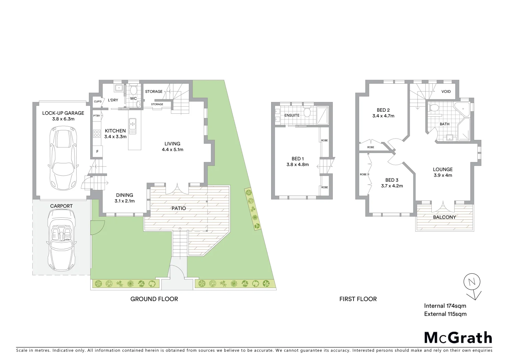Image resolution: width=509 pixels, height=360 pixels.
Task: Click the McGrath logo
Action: coord(458,338)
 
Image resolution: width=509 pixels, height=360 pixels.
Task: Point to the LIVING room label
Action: coord(172,144)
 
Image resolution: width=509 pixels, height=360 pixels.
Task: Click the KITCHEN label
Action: coord(115,131)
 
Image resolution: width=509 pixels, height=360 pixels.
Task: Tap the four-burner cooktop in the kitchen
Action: coord(97,134)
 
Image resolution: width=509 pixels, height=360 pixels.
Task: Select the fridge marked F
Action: coord(97,152)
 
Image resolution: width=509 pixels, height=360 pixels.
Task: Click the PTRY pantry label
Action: coord(97,116)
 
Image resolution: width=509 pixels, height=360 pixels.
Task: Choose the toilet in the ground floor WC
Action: coord(134,90)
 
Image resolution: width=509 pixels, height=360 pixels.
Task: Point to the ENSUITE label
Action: coord(291,115)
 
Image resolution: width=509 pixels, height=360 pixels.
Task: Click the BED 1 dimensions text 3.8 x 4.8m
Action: coord(297,165)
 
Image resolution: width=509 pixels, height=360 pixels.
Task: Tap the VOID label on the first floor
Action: coord(446,91)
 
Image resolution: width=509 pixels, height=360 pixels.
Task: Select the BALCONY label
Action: coord(444,217)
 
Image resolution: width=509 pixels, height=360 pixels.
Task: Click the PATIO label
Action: coord(179,208)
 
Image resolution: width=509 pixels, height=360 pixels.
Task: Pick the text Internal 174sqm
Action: coord(445,306)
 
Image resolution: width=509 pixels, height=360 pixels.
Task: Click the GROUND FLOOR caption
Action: coord(154,299)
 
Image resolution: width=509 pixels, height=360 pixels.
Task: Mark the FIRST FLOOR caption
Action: coord(358,299)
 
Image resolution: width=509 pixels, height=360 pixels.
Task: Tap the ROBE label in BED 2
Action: coord(370,147)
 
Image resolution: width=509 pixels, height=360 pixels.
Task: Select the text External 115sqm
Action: coord(445,314)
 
